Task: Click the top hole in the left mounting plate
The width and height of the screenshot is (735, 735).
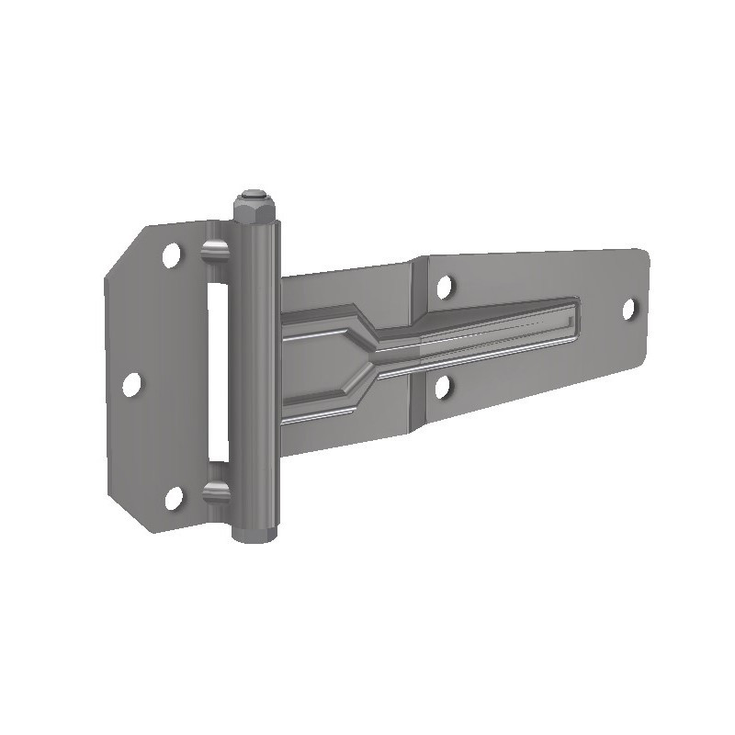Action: (x=171, y=254)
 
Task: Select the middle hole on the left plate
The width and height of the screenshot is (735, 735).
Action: (x=131, y=384)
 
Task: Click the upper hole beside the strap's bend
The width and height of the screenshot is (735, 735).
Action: (x=445, y=287)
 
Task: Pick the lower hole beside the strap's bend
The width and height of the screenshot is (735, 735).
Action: (x=444, y=387)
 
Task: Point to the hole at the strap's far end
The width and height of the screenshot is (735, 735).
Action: (x=630, y=309)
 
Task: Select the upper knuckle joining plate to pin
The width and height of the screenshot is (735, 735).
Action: (x=214, y=251)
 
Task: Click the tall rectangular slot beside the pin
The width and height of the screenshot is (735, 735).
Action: (x=217, y=372)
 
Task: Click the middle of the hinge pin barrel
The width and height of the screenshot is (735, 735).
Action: (x=256, y=367)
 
